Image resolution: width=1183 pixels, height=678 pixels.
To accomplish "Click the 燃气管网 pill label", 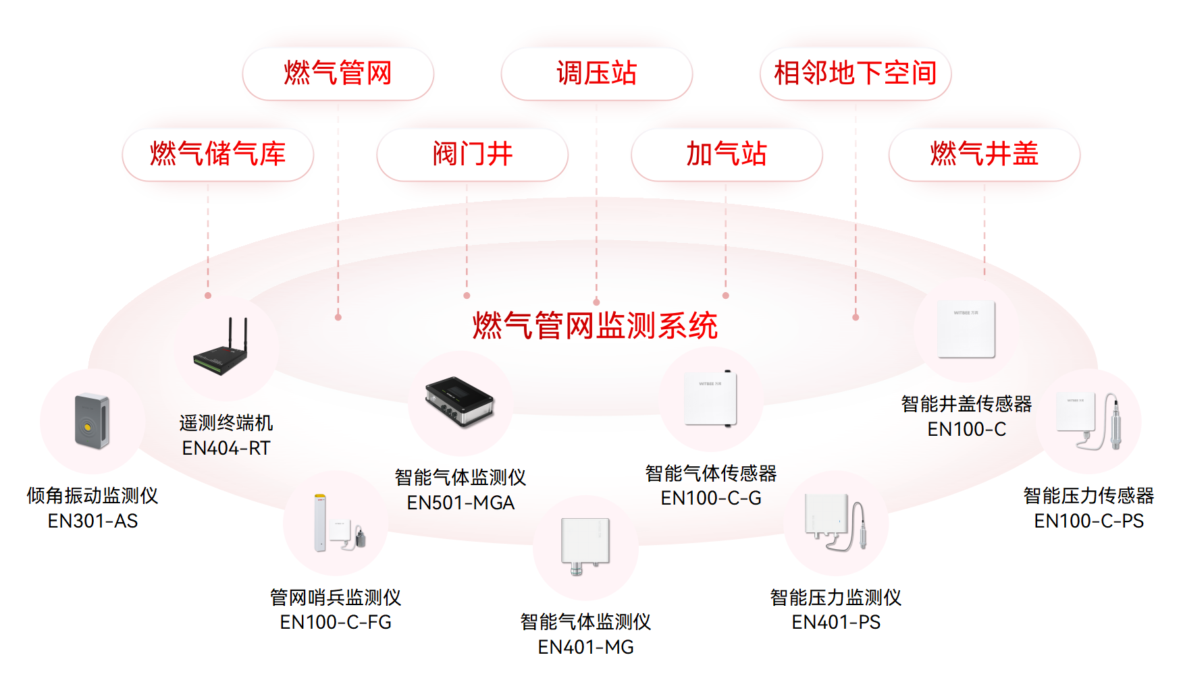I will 338,74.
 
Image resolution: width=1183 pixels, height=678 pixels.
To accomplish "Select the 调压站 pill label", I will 596,74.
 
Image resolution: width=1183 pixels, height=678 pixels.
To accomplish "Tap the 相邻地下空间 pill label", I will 855,74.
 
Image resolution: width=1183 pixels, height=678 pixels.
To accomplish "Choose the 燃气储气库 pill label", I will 217,154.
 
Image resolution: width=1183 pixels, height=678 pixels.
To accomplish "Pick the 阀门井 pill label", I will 472,154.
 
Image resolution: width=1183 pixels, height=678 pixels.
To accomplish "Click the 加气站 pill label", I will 727,154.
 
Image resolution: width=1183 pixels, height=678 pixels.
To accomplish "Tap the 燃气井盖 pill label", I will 984,154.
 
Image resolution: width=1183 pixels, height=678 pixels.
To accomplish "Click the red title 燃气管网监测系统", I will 595,326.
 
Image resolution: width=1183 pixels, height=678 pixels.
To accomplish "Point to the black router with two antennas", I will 222,349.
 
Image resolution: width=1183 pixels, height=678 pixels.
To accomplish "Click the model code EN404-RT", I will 226,448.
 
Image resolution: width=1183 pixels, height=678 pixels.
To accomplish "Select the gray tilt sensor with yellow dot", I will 92,421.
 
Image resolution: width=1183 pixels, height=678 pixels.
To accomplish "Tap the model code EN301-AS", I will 93,521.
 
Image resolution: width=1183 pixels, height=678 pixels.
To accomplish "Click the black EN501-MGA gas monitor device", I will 460,401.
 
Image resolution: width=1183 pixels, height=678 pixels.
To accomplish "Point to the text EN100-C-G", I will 711,498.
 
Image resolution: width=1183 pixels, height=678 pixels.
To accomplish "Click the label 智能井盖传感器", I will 966,404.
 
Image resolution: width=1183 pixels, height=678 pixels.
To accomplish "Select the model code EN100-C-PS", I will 1088,521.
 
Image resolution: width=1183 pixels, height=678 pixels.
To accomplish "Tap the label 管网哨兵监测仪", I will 336,597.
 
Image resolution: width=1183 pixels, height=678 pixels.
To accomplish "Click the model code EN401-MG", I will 585,647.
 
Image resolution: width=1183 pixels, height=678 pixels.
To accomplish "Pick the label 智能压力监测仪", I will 836,597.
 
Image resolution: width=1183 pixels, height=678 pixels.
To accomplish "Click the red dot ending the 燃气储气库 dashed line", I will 208,295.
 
